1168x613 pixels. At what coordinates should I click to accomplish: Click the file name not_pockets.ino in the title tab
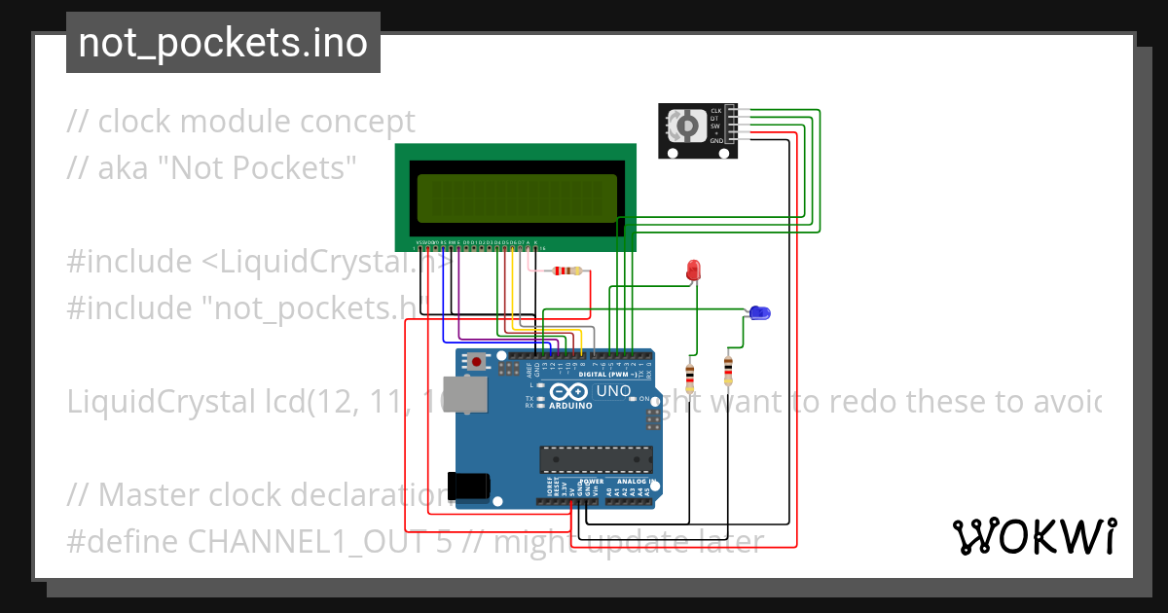click(x=223, y=43)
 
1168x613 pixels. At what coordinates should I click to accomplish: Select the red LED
click(x=694, y=270)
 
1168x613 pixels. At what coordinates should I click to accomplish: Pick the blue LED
click(x=758, y=312)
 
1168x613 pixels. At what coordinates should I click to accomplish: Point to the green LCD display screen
click(x=517, y=198)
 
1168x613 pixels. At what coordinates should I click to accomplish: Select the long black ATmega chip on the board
click(x=596, y=458)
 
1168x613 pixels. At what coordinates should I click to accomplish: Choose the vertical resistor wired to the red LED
click(x=690, y=374)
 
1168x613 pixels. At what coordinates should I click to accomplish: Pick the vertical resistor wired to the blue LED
click(x=728, y=370)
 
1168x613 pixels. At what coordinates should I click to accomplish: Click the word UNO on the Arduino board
click(x=612, y=391)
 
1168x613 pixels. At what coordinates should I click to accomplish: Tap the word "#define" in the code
click(x=123, y=541)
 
